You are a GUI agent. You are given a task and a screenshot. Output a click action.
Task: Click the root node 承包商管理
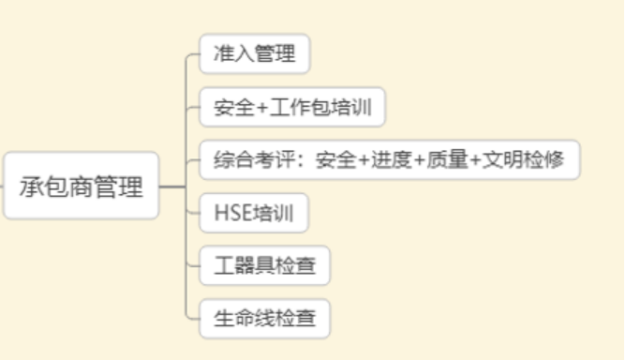(82, 187)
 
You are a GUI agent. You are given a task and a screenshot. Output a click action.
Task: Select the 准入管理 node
(254, 53)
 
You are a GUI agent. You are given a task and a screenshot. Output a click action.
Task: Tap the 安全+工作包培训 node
(292, 108)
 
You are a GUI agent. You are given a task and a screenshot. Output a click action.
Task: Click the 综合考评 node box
(390, 160)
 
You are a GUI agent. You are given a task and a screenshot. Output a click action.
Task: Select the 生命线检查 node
(265, 320)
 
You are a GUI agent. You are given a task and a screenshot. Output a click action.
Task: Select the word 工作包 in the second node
(300, 108)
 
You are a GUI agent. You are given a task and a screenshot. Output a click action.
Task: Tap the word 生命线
(244, 320)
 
